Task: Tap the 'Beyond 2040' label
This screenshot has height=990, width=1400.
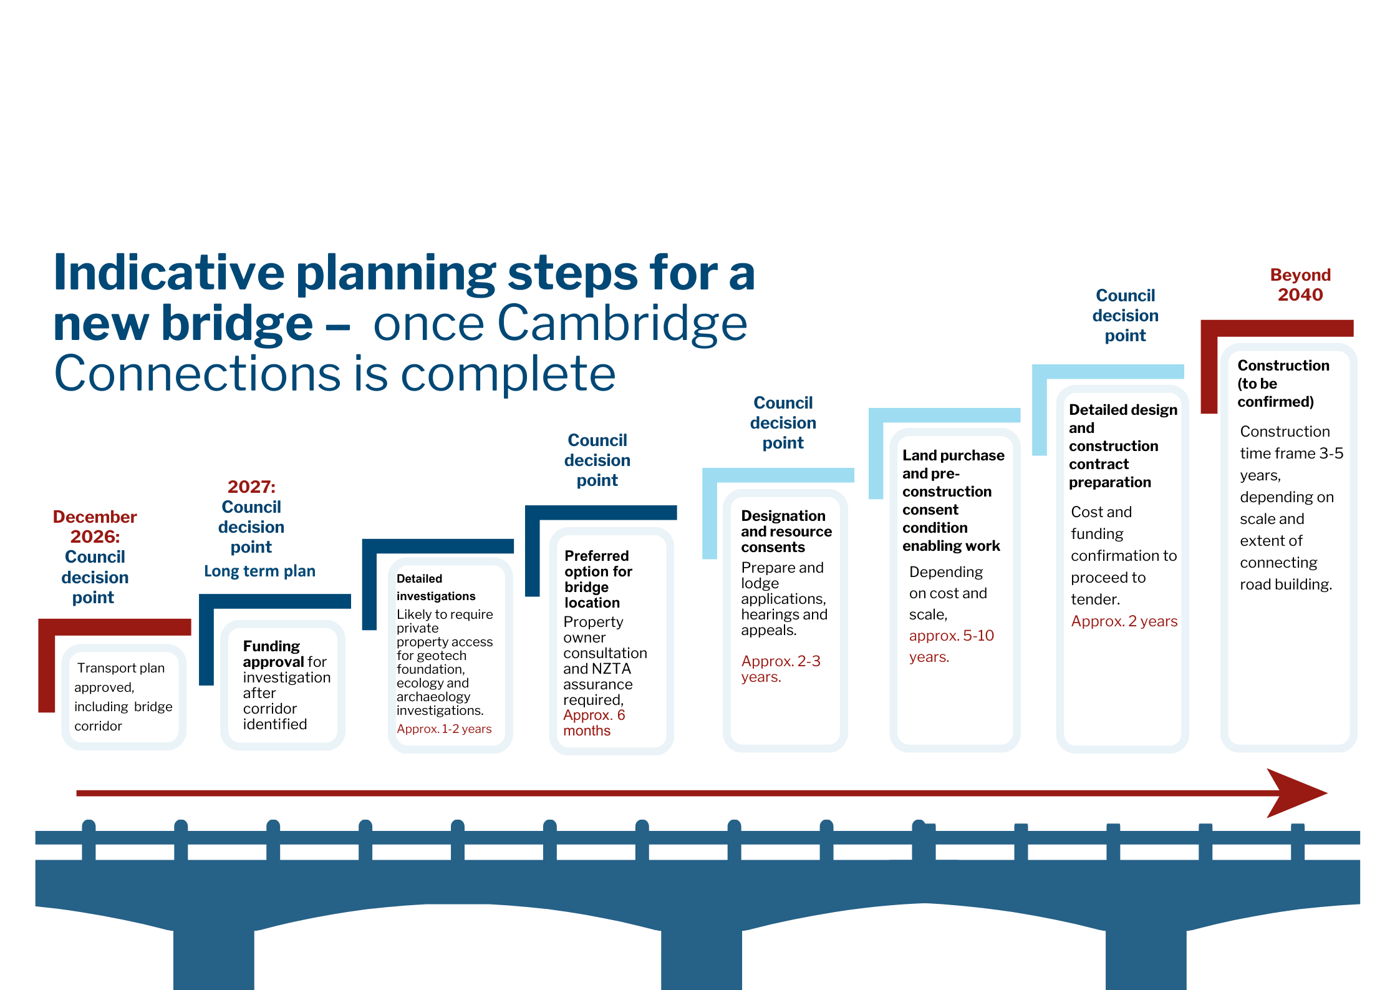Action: pos(1300,284)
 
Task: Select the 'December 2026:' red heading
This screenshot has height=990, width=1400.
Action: pos(95,527)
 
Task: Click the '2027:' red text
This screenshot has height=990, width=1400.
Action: pos(251,487)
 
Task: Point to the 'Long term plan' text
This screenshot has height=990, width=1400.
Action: pos(259,571)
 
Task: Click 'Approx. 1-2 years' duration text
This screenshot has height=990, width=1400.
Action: pos(444,729)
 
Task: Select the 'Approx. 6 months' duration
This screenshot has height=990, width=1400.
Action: pos(594,723)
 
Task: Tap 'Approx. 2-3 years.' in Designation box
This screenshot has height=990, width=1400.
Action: pos(781,669)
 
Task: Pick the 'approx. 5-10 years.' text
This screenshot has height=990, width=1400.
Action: pos(951,646)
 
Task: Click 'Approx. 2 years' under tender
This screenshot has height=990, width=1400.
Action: pos(1124,621)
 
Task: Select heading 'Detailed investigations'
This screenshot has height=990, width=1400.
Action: pos(436,587)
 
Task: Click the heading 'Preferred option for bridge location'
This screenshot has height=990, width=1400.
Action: pos(598,579)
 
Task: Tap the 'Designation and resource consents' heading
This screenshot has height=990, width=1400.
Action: pos(786,531)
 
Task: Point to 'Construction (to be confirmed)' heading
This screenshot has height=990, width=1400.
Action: pos(1283,383)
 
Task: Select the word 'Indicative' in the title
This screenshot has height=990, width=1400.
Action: pos(169,273)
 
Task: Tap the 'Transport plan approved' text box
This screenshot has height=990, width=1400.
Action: pos(123,697)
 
